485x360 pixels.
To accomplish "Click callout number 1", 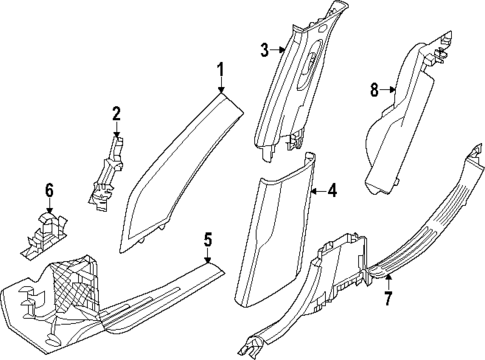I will pyautogui.click(x=222, y=70).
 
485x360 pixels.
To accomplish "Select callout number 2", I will pyautogui.click(x=116, y=113).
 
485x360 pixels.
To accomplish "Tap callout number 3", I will pyautogui.click(x=265, y=50).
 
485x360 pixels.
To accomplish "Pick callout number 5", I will pyautogui.click(x=207, y=239).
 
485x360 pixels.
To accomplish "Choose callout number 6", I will pyautogui.click(x=47, y=189).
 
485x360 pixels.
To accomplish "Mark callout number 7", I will pyautogui.click(x=387, y=299).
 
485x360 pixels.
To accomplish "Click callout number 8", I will pyautogui.click(x=375, y=90).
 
